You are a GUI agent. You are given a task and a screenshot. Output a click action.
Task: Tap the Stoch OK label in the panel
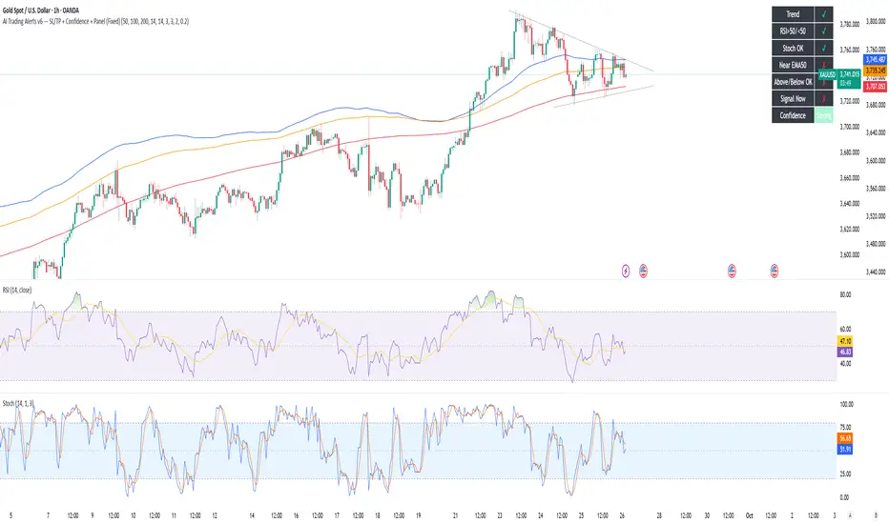pos(792,48)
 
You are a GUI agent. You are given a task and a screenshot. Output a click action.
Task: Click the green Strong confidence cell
pos(825,115)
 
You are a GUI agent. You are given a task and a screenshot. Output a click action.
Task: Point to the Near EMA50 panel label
pos(792,64)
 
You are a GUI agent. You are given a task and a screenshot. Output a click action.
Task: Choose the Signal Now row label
pos(792,98)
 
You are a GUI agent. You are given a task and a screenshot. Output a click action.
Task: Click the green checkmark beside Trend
pos(825,15)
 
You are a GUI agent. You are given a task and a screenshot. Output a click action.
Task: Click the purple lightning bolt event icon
pos(625,270)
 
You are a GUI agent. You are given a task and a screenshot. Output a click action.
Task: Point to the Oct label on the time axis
pos(750,514)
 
